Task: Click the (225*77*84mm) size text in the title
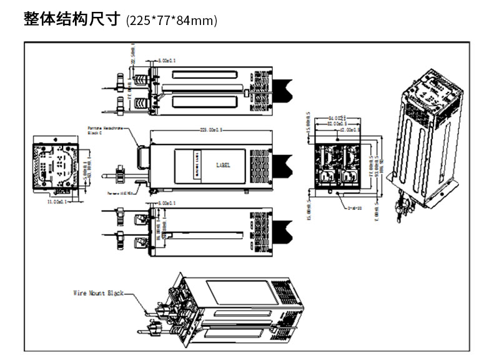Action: tap(172, 21)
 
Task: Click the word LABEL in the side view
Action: tap(222, 166)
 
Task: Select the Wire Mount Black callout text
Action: tap(99, 292)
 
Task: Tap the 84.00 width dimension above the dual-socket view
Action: tap(338, 117)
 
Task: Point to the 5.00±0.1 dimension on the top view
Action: tap(167, 61)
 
